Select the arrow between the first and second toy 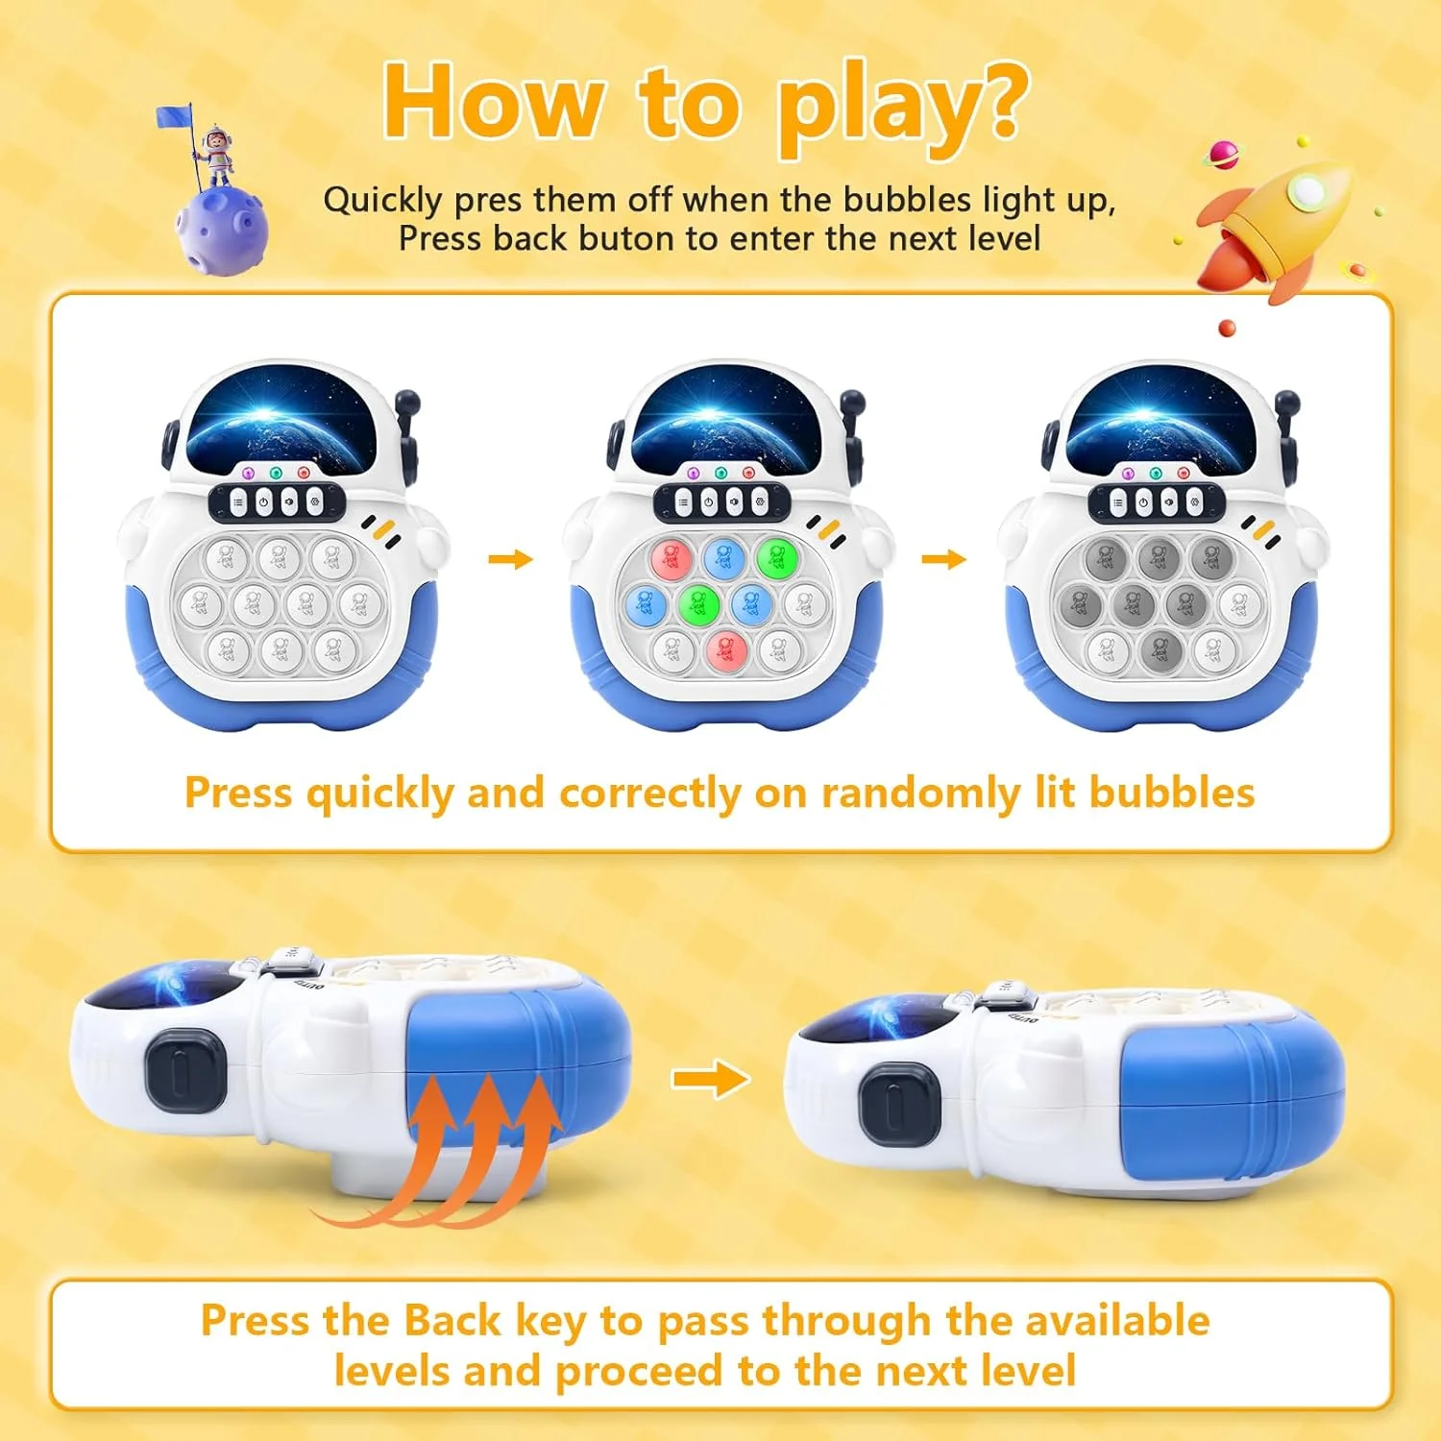pyautogui.click(x=510, y=559)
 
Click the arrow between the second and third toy pyautogui.click(x=943, y=559)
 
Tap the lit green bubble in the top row pyautogui.click(x=776, y=557)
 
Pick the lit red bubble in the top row pyautogui.click(x=671, y=557)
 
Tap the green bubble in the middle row pyautogui.click(x=698, y=604)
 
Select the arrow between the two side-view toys pyautogui.click(x=710, y=1079)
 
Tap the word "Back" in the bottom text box pyautogui.click(x=452, y=1320)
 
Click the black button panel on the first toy pyautogui.click(x=277, y=501)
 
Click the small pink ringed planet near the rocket pyautogui.click(x=1224, y=154)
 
